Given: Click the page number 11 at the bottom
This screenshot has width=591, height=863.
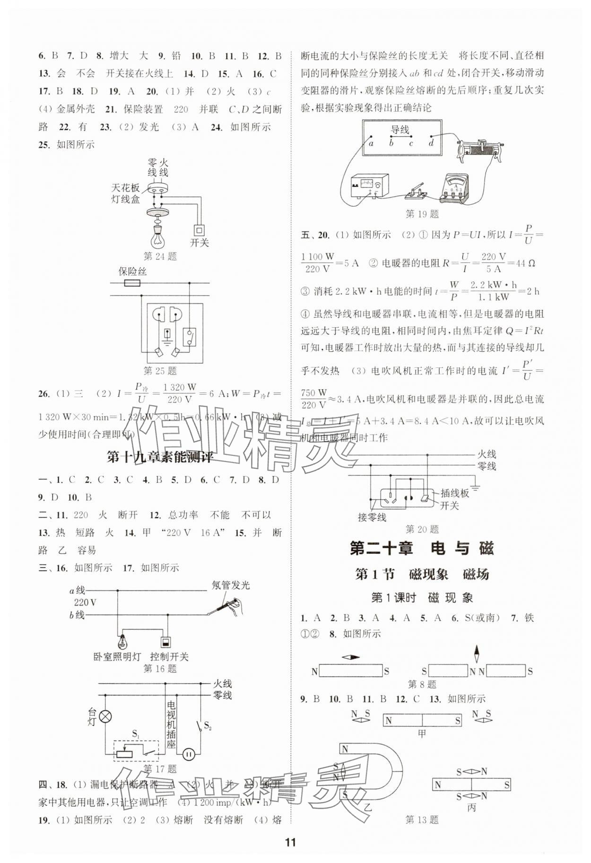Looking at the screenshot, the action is point(290,842).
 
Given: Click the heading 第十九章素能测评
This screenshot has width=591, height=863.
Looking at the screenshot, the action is point(160,457).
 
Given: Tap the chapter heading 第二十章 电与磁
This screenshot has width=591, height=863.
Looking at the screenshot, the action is point(422,549).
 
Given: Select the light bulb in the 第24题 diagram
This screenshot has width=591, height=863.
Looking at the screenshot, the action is point(157,235).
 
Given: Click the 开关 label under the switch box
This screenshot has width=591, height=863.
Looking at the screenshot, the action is point(199,243).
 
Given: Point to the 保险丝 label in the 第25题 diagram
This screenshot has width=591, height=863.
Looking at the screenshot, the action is point(132,271).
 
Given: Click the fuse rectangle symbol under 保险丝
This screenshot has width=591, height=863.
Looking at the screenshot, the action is point(131,283).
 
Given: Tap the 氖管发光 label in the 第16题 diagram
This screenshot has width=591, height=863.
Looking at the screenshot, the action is point(230,585).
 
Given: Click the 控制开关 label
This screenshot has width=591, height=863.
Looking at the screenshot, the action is point(169,657).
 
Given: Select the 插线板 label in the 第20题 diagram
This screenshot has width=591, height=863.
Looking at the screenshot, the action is point(454,493).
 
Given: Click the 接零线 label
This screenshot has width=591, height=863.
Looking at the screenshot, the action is point(372,518).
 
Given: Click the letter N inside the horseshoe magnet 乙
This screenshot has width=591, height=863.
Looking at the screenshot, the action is point(345,749).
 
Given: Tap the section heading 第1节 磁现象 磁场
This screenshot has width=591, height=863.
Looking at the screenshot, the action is point(422,575).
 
